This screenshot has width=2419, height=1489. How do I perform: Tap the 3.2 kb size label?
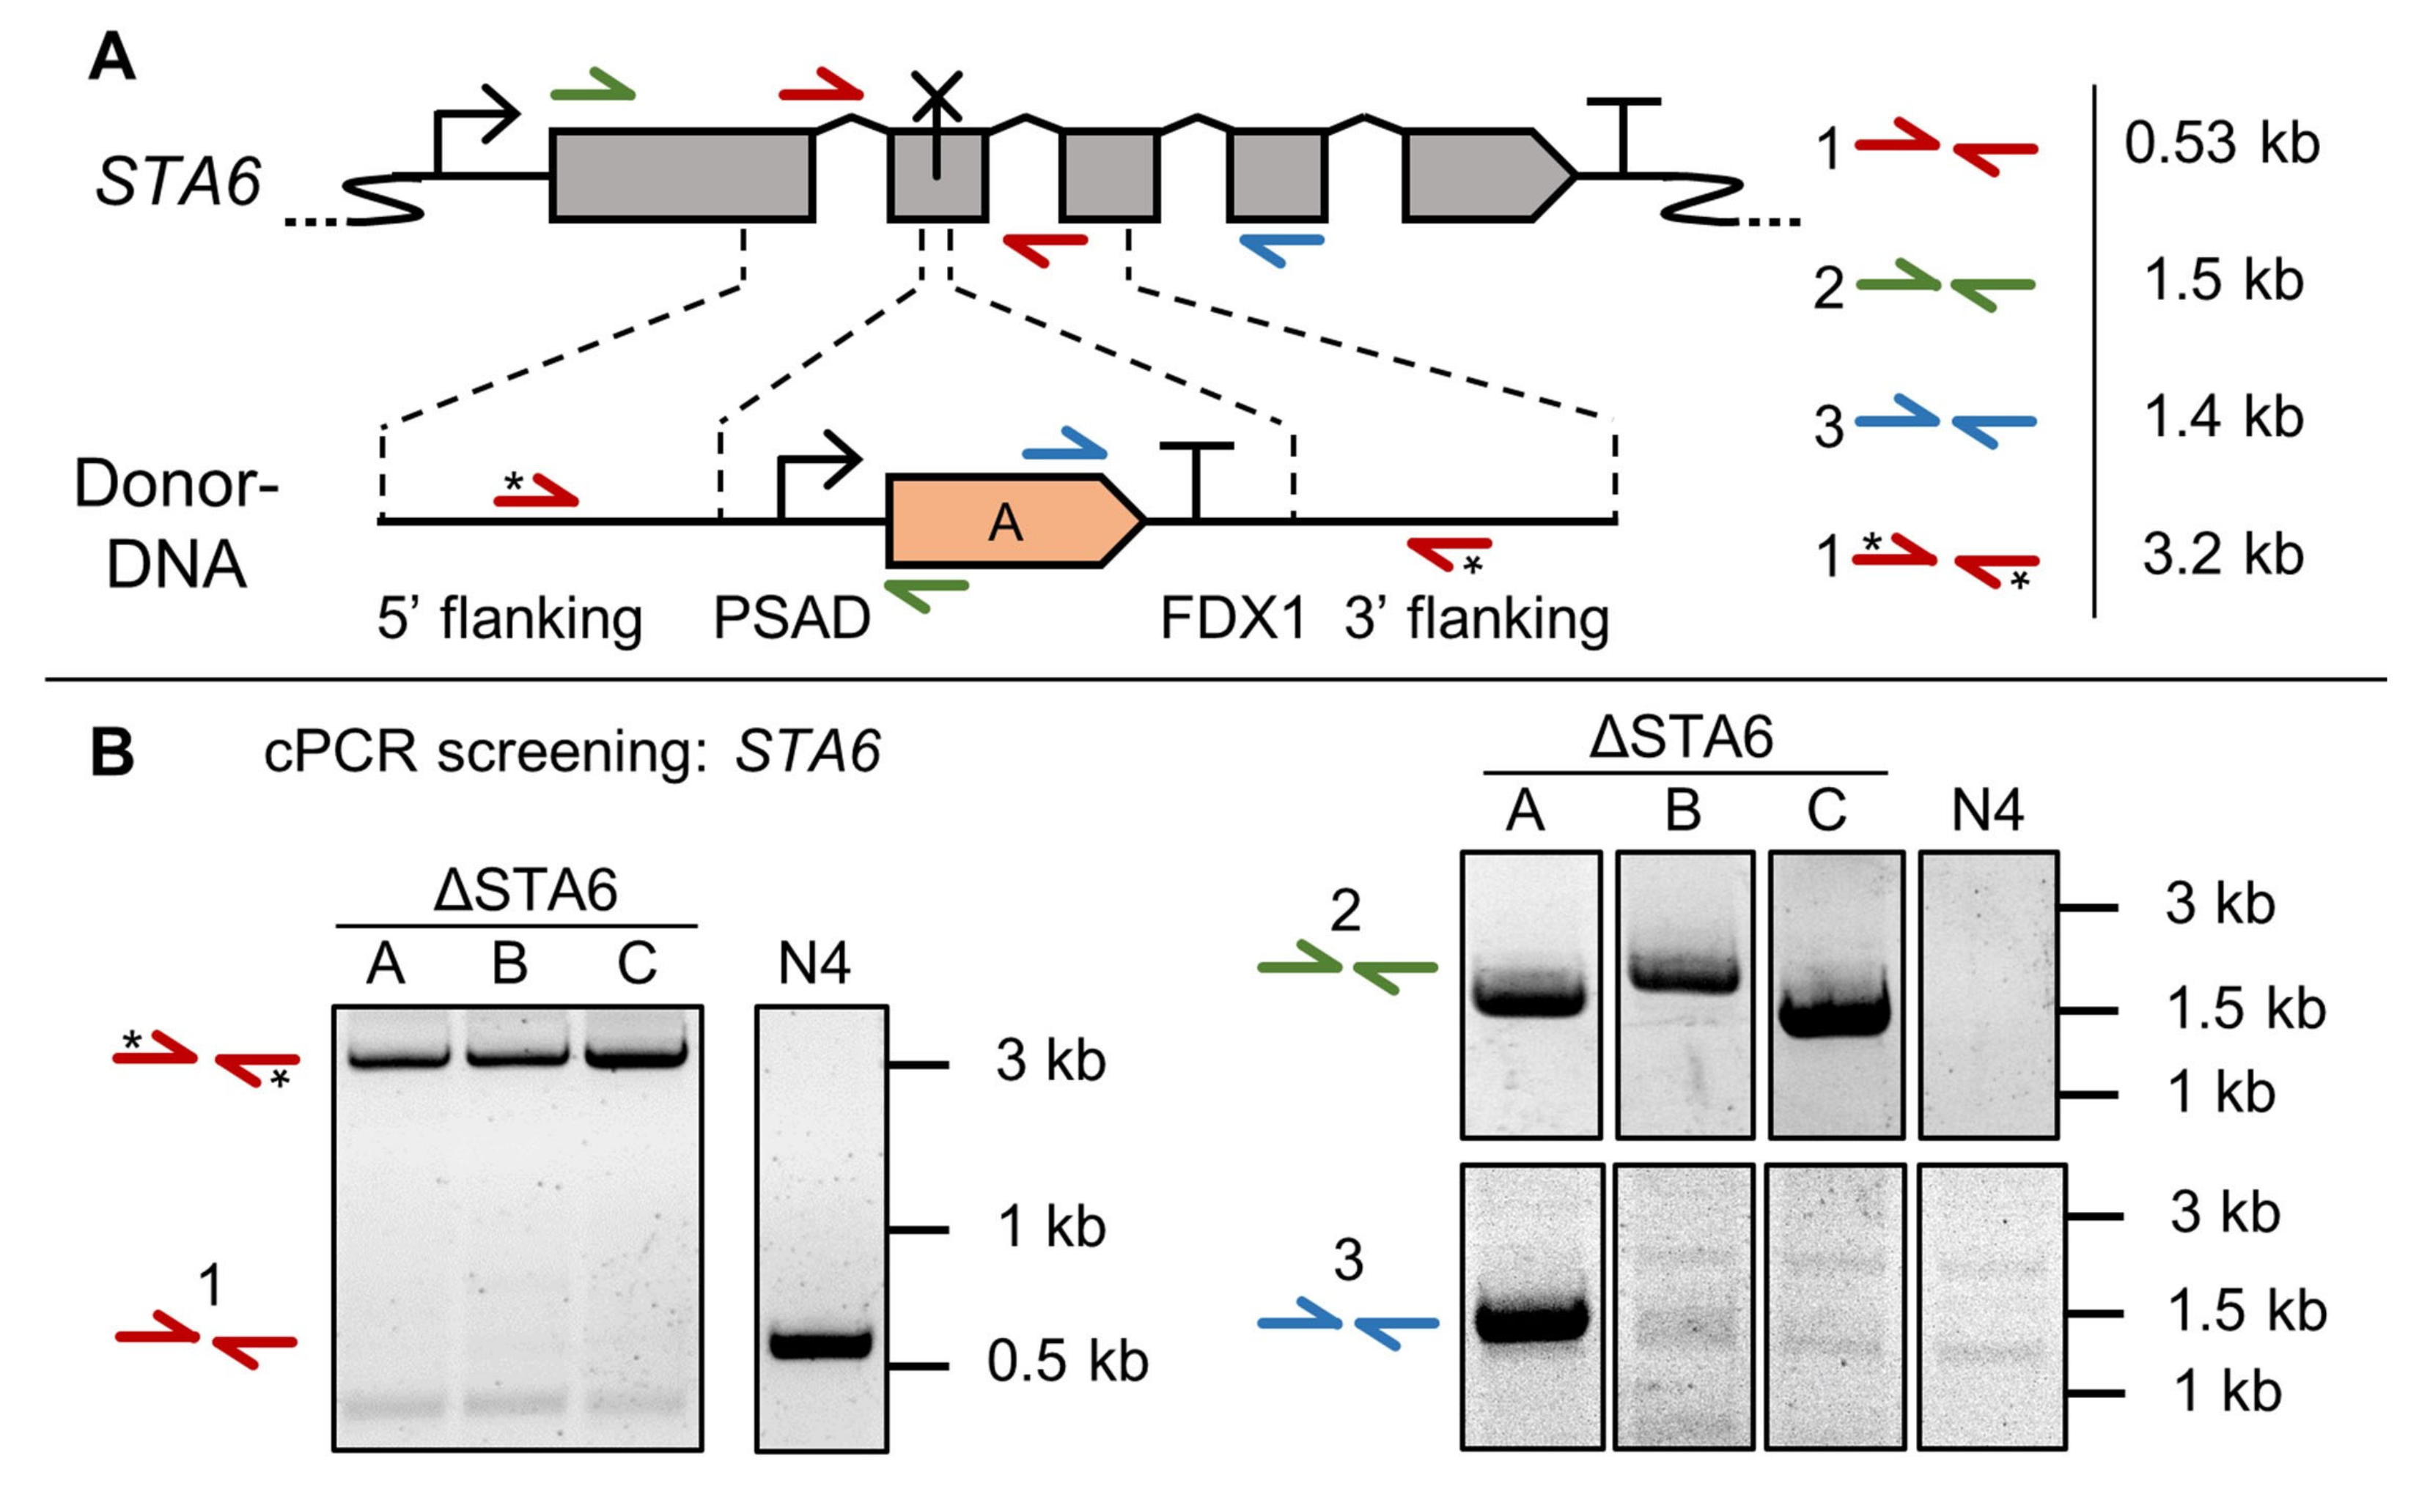[x=2222, y=555]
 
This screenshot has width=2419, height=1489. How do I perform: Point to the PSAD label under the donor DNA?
[x=791, y=618]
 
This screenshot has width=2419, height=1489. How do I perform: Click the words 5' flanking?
[x=509, y=618]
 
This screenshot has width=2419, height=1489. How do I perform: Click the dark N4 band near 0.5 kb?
[x=820, y=1343]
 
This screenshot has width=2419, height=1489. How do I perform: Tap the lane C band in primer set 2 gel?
[x=1835, y=1016]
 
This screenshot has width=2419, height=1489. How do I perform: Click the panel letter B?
[x=111, y=753]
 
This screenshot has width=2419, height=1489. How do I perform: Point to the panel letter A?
[x=111, y=57]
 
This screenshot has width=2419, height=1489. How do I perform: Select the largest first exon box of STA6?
[x=682, y=175]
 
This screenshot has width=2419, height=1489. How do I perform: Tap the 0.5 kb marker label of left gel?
[x=1067, y=1362]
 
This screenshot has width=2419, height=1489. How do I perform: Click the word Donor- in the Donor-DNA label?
[x=177, y=484]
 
